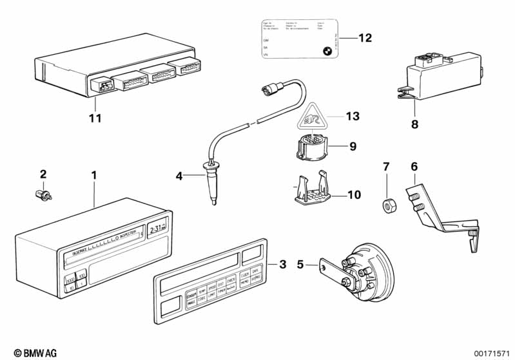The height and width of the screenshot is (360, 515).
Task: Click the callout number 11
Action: (x=95, y=118)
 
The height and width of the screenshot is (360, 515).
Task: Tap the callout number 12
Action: (x=365, y=38)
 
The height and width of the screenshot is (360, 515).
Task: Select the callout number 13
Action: (x=352, y=116)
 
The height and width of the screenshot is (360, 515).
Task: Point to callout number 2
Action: (x=43, y=174)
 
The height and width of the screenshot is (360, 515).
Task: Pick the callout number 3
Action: (x=282, y=264)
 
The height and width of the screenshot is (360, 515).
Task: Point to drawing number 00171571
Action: (x=491, y=352)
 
